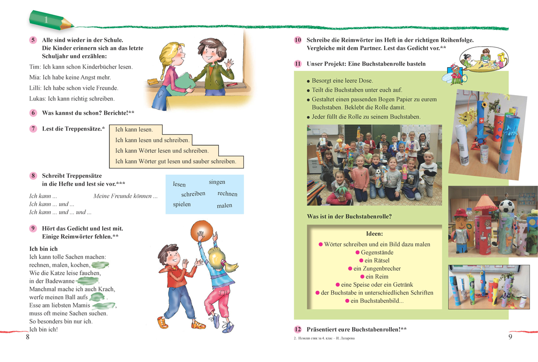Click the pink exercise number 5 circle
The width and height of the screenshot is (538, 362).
coord(33,40)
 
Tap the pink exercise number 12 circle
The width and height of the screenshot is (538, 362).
coord(298,329)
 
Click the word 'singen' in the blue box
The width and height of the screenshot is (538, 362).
coord(217,182)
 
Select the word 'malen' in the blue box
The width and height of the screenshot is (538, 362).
coord(224,206)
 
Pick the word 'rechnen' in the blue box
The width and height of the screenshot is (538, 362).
coord(227,194)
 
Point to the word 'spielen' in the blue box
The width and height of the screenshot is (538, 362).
coord(182,205)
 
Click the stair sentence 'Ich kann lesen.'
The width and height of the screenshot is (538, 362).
coord(134,130)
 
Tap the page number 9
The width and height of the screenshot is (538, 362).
coord(510,337)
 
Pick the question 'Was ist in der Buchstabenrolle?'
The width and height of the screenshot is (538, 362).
coord(349,217)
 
